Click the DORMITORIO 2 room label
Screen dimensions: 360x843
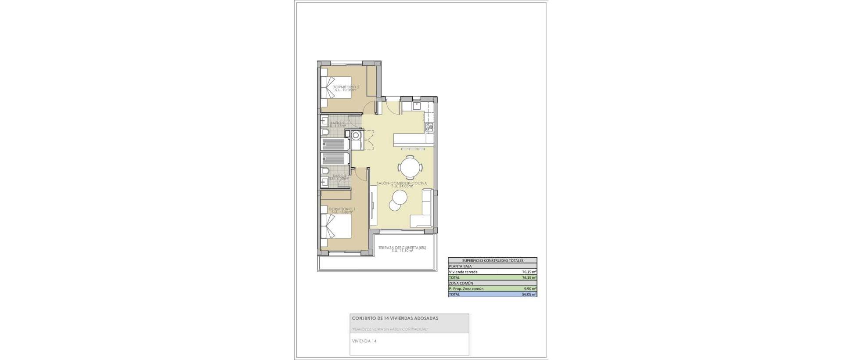(x=346, y=87)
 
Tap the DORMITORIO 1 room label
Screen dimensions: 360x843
(x=342, y=209)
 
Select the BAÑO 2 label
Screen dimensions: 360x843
(x=337, y=123)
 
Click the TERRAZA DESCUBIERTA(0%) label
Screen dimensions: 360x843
(x=402, y=248)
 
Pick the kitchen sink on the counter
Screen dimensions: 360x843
(x=416, y=106)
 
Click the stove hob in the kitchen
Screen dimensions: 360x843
(x=429, y=127)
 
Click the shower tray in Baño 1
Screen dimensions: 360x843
(x=335, y=158)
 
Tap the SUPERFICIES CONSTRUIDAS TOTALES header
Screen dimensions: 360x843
(x=492, y=260)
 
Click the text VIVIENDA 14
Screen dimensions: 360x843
(x=364, y=341)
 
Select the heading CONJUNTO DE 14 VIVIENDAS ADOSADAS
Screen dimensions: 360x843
(x=395, y=318)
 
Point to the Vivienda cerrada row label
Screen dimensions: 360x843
(x=463, y=272)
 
